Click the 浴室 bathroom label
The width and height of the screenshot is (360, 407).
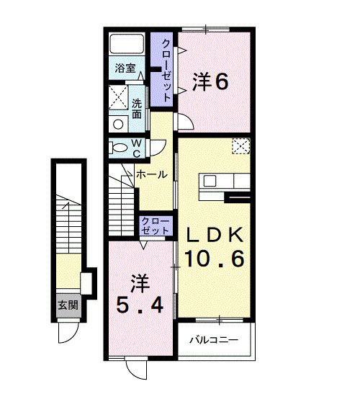(x=125, y=68)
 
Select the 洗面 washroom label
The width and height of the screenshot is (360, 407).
(x=137, y=109)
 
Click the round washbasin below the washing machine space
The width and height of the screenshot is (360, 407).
(x=118, y=125)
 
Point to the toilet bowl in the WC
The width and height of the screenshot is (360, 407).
(x=119, y=148)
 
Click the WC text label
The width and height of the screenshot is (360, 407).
(x=136, y=148)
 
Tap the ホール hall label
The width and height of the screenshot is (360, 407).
(x=151, y=174)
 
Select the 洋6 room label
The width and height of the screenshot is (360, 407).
(x=210, y=82)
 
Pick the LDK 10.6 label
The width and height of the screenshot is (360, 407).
(x=215, y=247)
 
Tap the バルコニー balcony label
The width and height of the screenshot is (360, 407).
(x=214, y=340)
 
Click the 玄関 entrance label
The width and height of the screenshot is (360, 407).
(x=68, y=305)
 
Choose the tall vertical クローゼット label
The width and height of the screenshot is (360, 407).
(x=166, y=70)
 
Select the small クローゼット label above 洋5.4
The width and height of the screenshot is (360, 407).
(x=155, y=226)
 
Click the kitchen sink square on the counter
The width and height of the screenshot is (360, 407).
(x=210, y=181)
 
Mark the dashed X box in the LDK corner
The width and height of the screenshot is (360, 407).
(x=241, y=146)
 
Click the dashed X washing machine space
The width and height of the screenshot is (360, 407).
(x=118, y=97)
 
